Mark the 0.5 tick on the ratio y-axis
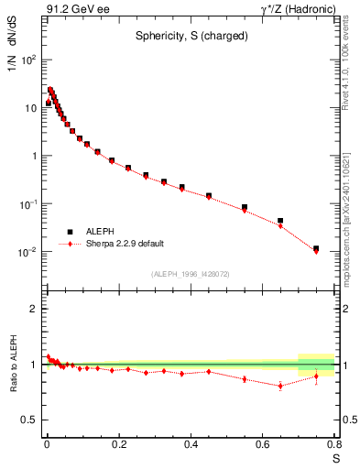point(31,420)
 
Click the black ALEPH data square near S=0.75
point(316,248)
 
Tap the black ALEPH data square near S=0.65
point(280,221)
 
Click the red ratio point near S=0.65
point(280,386)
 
